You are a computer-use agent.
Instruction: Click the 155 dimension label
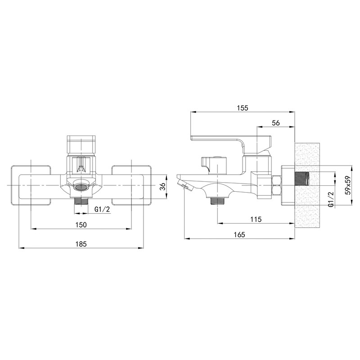(x=243, y=108)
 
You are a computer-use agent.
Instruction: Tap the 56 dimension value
(x=276, y=123)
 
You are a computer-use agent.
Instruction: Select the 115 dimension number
(x=256, y=219)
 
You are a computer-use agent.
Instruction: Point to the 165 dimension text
(x=239, y=234)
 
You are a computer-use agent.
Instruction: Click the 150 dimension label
(x=81, y=225)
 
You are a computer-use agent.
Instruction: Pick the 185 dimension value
(x=81, y=244)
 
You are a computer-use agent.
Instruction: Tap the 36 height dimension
(x=162, y=186)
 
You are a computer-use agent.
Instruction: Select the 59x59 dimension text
(x=348, y=185)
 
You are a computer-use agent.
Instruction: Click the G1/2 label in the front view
(x=103, y=209)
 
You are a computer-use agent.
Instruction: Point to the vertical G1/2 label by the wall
(x=331, y=199)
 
